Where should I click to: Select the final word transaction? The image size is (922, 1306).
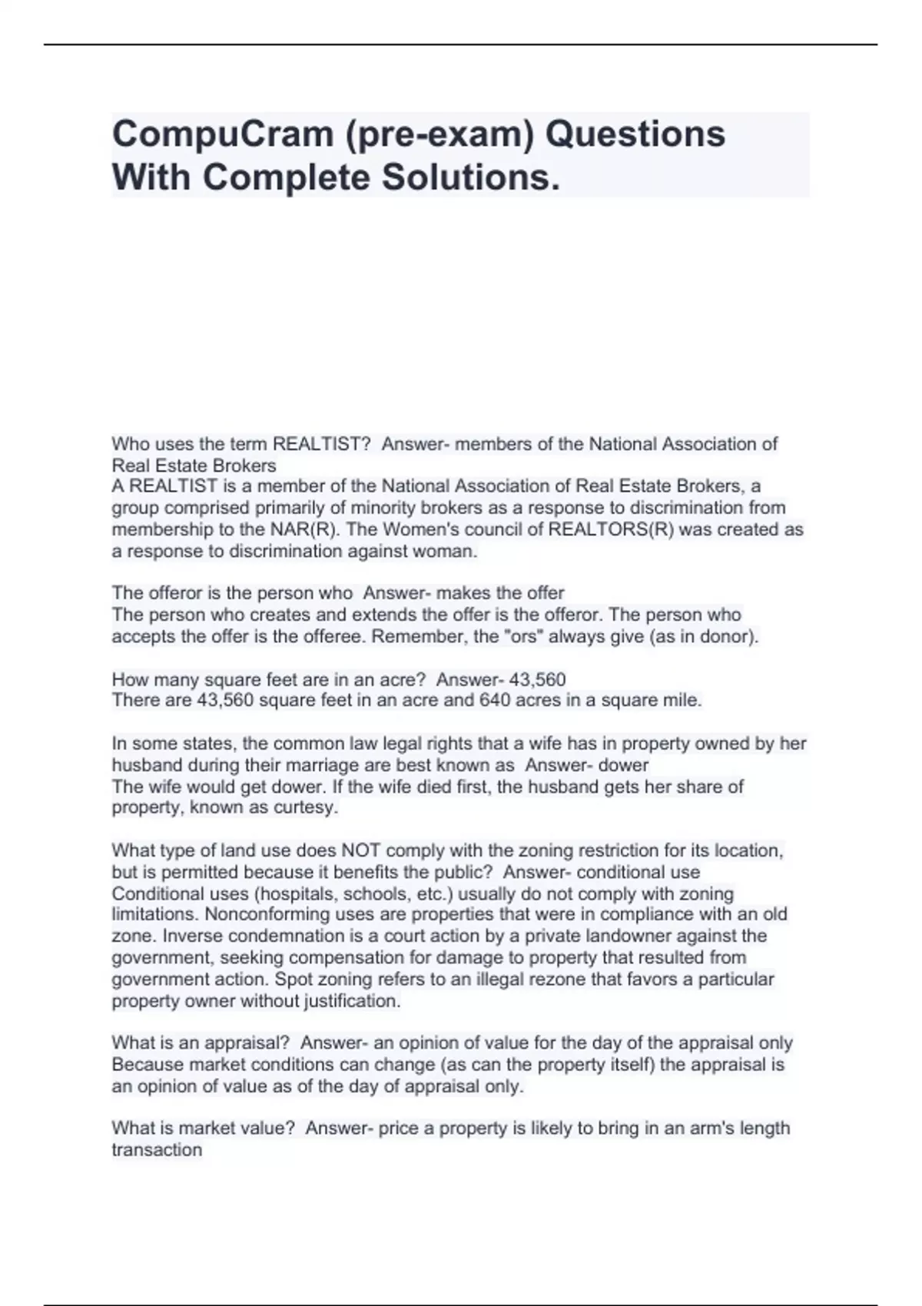pos(157,1149)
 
